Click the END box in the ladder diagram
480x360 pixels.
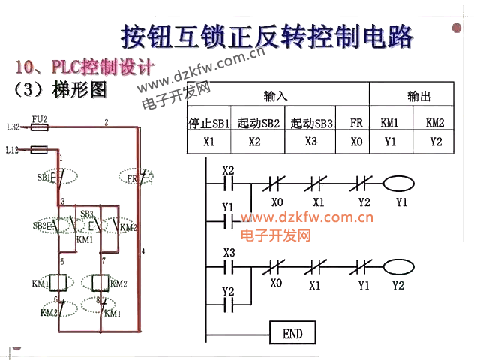pos(292,332)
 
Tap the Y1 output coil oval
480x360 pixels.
pos(399,183)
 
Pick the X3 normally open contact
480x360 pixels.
pos(229,265)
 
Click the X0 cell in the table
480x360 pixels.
pos(356,141)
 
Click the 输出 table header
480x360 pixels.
pos(419,97)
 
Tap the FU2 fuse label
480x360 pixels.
pos(40,119)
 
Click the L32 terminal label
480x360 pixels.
pos(13,127)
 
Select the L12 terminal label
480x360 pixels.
pos(13,150)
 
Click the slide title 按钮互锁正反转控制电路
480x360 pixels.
pos(267,35)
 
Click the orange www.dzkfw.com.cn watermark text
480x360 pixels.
pos(307,219)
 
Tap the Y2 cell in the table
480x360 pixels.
pos(435,141)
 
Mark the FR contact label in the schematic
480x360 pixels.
pos(132,178)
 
